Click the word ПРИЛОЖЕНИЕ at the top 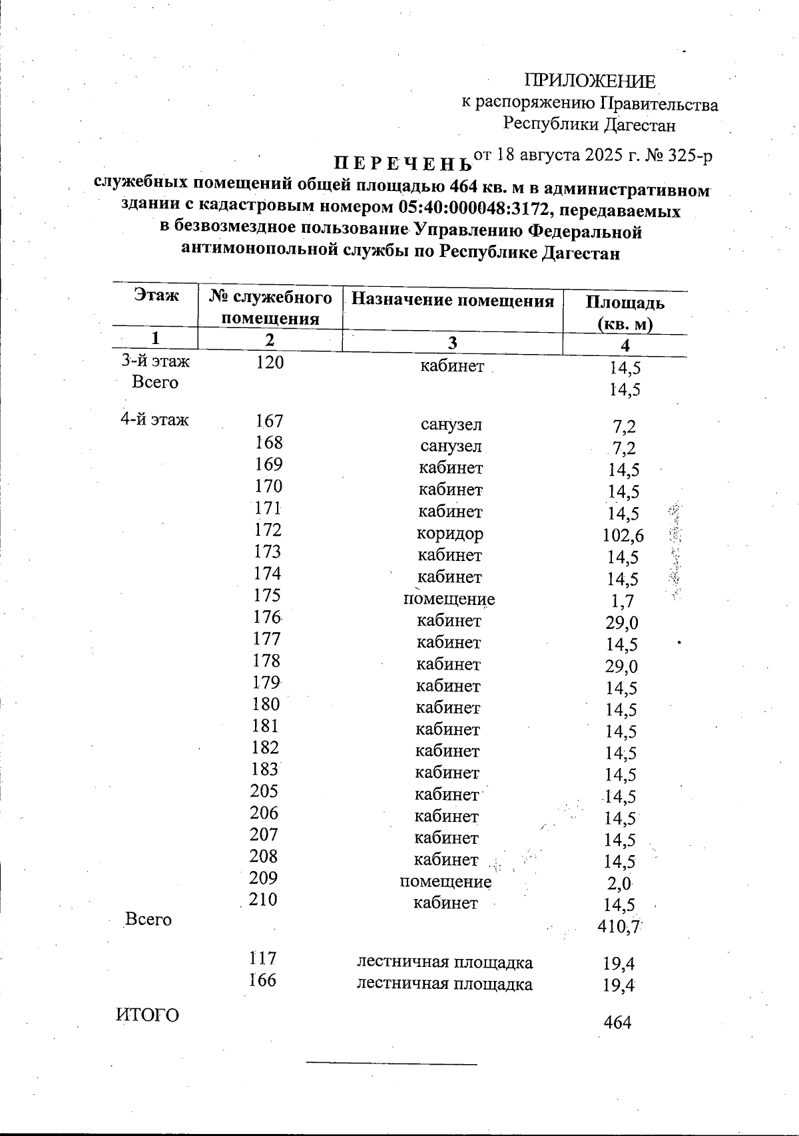pos(590,81)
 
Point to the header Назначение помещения pos(452,300)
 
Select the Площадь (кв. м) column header pos(625,313)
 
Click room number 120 pos(270,363)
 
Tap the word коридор pos(450,534)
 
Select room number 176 pos(267,617)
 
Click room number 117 pos(263,959)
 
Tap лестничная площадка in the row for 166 pos(445,984)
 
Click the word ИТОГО pos(148,1016)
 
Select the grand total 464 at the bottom pos(617,1023)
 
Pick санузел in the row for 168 pos(451,447)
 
